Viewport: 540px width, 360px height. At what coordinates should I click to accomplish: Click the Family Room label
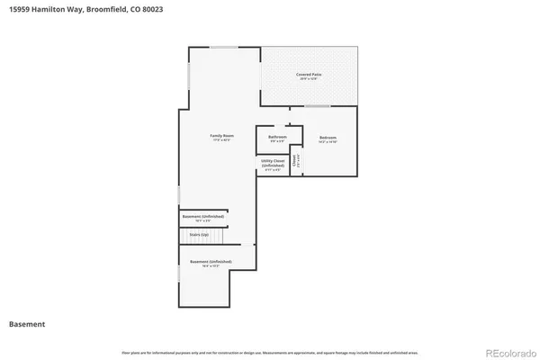(222, 136)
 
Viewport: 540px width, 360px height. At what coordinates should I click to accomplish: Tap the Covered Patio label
(310, 74)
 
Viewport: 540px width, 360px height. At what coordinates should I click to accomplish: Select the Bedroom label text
(327, 137)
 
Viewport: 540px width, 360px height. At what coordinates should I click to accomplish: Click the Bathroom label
(277, 137)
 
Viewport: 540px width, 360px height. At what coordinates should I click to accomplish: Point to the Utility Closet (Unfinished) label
(274, 163)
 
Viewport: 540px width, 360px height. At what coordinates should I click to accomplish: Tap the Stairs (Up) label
(199, 235)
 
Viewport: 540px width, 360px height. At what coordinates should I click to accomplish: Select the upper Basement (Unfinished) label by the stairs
(202, 216)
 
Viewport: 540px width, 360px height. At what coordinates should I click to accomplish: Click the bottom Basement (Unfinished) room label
(210, 261)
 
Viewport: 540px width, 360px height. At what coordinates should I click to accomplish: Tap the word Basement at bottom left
(27, 324)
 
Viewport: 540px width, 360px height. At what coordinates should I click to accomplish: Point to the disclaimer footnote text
(270, 352)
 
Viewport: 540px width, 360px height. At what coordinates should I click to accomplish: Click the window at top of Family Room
(223, 47)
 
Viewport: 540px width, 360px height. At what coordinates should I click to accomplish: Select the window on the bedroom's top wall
(317, 106)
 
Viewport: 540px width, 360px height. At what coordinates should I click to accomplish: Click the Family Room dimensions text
(222, 140)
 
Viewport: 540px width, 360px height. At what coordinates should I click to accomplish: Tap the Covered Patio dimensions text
(310, 79)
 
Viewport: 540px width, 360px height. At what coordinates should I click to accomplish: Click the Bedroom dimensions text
(327, 142)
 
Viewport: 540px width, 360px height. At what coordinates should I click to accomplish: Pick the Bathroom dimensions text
(277, 141)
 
